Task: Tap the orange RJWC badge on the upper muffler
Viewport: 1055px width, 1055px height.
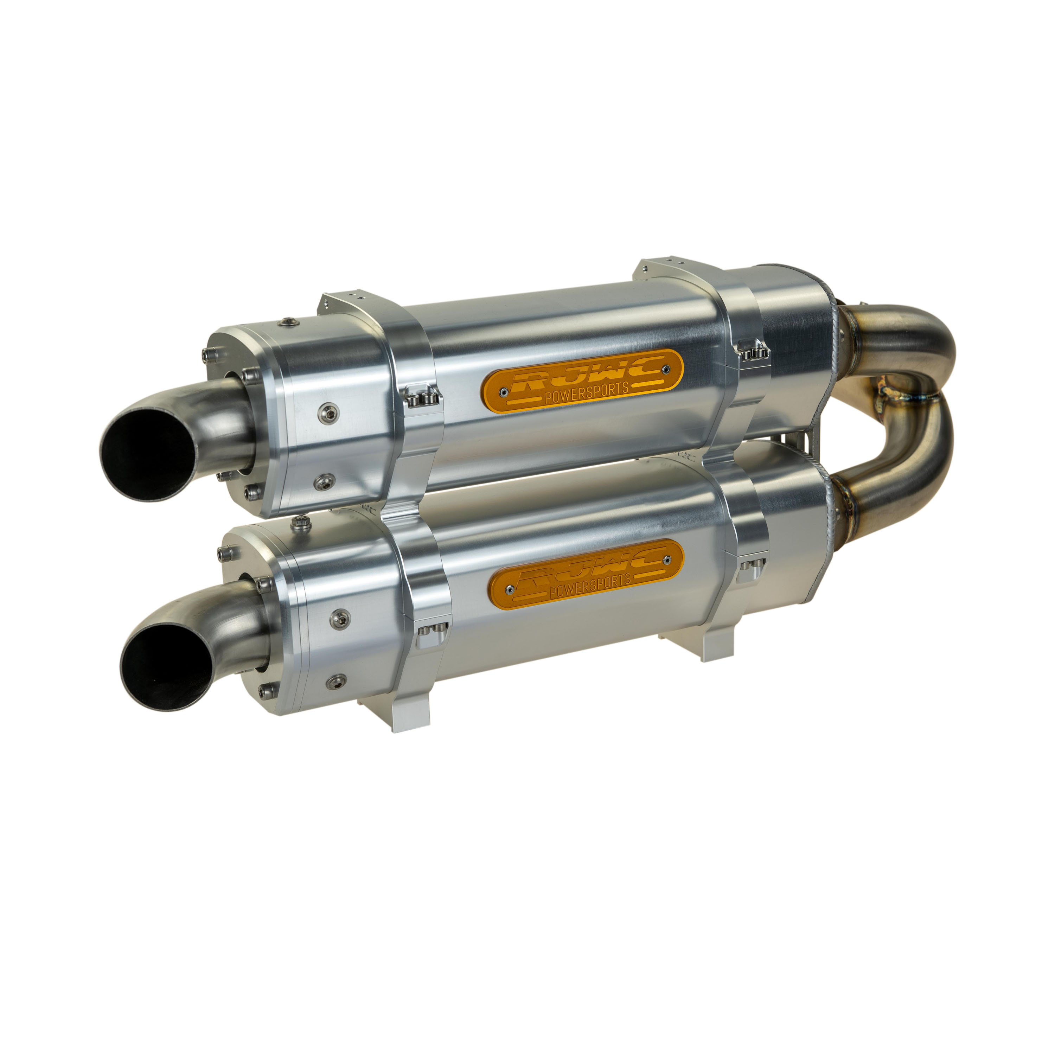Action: coord(582,381)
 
